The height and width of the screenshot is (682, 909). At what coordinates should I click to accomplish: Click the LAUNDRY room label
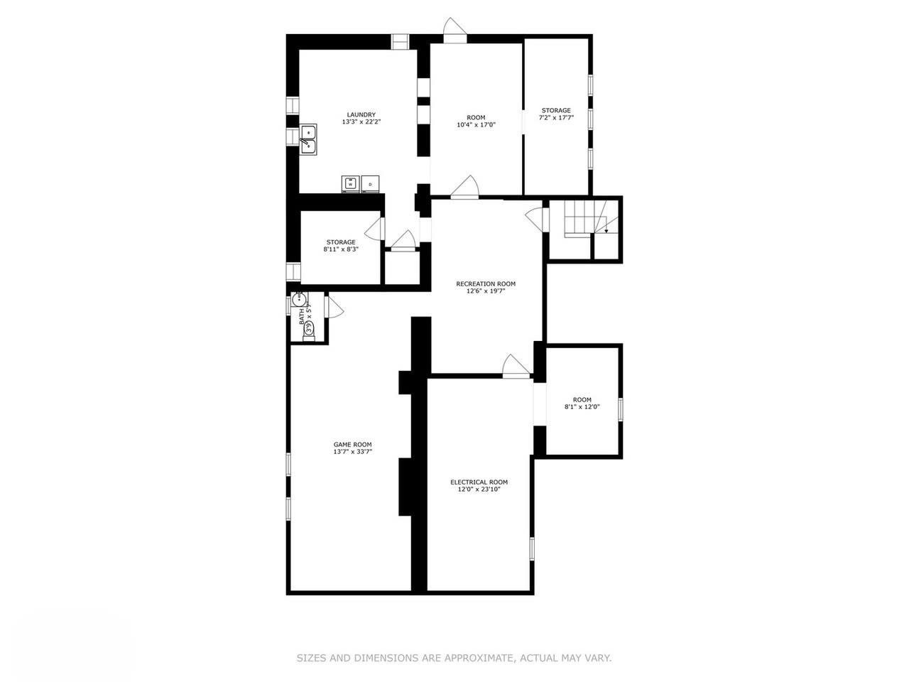pyautogui.click(x=361, y=114)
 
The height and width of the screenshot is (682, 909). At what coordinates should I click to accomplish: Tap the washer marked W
pyautogui.click(x=350, y=184)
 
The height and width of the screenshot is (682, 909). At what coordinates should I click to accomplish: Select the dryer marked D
pyautogui.click(x=370, y=184)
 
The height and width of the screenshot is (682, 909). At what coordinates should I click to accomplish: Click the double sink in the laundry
pyautogui.click(x=308, y=139)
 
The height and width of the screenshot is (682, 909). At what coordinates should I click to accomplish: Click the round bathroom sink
pyautogui.click(x=299, y=299)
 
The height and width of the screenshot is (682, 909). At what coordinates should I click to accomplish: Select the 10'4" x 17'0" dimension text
pyautogui.click(x=475, y=124)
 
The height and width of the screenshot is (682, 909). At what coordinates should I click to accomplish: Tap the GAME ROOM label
pyautogui.click(x=353, y=444)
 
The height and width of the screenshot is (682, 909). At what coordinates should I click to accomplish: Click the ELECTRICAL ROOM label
pyautogui.click(x=479, y=482)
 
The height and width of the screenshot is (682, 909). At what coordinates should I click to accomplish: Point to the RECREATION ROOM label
pyautogui.click(x=486, y=283)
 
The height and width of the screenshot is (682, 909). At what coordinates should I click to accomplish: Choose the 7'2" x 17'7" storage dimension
pyautogui.click(x=556, y=117)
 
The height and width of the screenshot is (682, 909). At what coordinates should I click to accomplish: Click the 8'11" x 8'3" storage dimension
pyautogui.click(x=341, y=249)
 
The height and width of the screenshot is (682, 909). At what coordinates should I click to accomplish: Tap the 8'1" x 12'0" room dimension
pyautogui.click(x=582, y=406)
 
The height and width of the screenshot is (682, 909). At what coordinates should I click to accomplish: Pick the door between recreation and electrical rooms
pyautogui.click(x=516, y=365)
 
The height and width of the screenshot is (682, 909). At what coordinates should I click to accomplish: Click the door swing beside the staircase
pyautogui.click(x=536, y=220)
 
